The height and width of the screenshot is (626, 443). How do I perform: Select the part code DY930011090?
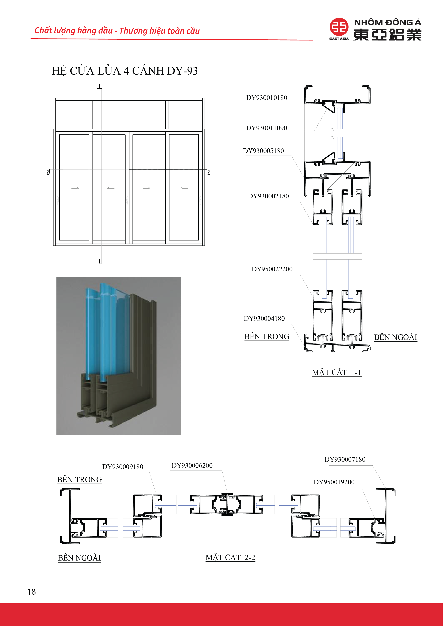coord(266,128)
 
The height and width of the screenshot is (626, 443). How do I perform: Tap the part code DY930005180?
coord(263,151)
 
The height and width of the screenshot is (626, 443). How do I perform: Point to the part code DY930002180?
coord(268,196)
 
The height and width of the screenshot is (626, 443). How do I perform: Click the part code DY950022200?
coord(272,269)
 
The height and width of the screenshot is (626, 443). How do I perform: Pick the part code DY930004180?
coord(264,318)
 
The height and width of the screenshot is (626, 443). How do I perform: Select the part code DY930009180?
coord(123,467)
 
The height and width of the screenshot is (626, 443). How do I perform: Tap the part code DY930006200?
coord(192,465)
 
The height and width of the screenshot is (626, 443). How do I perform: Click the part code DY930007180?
coord(345,459)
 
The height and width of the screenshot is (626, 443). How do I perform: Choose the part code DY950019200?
coord(334,482)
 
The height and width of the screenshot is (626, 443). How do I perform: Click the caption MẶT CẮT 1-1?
coord(337,372)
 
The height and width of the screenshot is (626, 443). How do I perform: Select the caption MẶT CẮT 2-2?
coord(230,557)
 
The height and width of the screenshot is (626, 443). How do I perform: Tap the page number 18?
coord(31,592)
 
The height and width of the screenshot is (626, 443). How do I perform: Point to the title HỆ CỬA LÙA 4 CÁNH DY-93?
coord(125,71)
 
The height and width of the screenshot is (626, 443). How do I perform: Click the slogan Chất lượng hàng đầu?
coord(73,31)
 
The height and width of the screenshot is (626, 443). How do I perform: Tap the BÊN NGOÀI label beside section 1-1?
coord(395,337)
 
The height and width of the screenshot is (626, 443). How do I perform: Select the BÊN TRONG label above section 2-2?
coord(79,480)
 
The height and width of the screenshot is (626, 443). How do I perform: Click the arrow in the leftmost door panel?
coord(75,188)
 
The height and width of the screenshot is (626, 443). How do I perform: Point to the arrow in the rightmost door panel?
coord(184,188)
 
